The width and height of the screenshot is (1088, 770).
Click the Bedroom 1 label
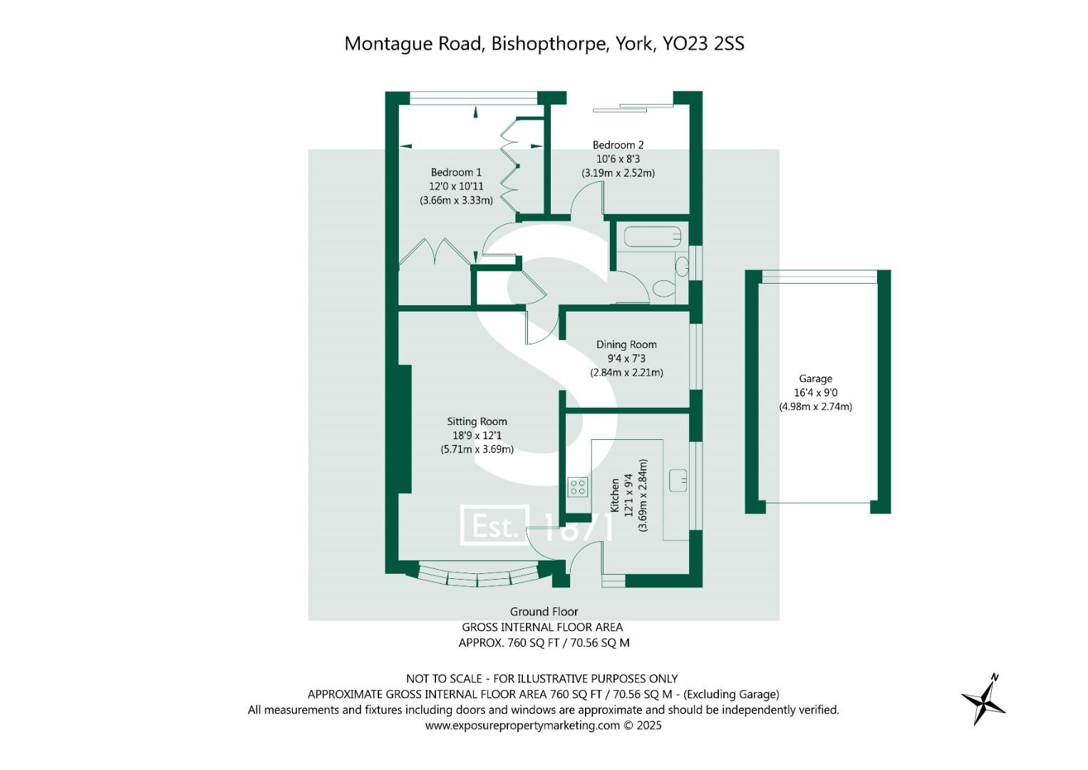(455, 172)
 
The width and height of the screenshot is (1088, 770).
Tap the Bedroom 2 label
(618, 145)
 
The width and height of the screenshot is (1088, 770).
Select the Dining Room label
(626, 344)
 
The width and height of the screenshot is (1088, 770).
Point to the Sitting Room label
(477, 421)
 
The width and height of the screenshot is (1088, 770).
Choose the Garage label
(815, 379)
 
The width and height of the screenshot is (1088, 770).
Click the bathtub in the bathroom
(652, 237)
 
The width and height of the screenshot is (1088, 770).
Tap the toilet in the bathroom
(663, 288)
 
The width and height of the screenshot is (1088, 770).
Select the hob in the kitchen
(578, 487)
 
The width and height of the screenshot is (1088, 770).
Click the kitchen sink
(678, 481)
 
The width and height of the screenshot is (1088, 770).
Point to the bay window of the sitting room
(477, 577)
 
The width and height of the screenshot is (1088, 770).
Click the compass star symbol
(983, 700)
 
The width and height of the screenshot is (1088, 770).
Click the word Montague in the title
(389, 45)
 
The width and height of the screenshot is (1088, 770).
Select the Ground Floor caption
(544, 612)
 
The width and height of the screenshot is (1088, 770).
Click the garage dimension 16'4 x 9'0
(816, 393)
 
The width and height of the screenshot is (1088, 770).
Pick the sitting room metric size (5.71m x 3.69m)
(477, 450)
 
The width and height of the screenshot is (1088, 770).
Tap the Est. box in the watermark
(494, 525)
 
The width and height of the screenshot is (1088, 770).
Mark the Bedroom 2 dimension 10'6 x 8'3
(618, 159)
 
